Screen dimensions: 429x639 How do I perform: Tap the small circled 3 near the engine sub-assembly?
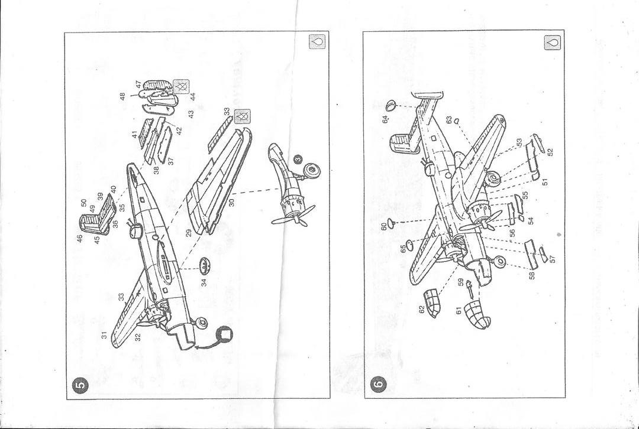(x=298, y=158)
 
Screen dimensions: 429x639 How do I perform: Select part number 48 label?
(x=123, y=96)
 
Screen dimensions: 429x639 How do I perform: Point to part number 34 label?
(x=204, y=282)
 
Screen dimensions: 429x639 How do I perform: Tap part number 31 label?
(x=105, y=334)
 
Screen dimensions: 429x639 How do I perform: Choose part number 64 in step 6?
(x=385, y=119)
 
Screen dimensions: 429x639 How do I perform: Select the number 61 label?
(x=459, y=310)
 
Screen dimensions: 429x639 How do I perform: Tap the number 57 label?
(x=553, y=259)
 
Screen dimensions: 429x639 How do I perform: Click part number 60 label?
(x=384, y=226)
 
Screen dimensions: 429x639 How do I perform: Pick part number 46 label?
(x=79, y=238)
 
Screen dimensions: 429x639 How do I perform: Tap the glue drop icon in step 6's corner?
(x=554, y=43)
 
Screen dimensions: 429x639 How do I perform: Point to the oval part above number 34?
(x=204, y=263)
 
